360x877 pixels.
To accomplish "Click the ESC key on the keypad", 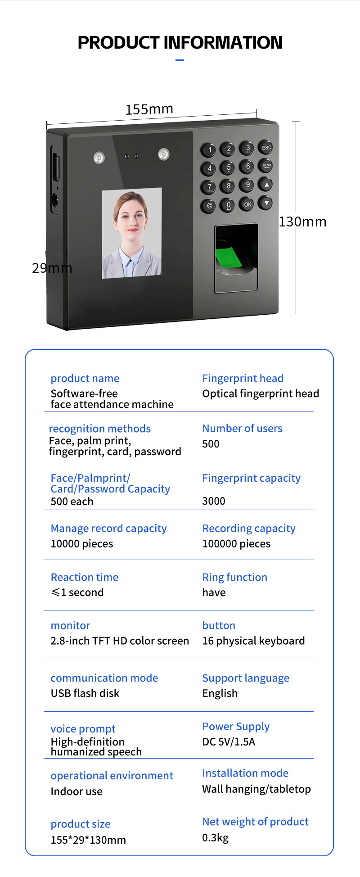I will (x=266, y=148).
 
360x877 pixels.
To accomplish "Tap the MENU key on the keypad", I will (x=266, y=166).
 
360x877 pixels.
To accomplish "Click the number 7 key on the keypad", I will (x=209, y=187).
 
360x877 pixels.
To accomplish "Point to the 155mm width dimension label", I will (x=149, y=109).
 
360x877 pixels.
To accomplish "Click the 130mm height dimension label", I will (x=302, y=222).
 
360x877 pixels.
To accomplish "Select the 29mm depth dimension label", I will (x=52, y=268).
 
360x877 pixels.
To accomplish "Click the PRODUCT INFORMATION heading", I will (x=180, y=42).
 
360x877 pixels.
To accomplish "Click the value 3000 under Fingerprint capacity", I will (x=214, y=501).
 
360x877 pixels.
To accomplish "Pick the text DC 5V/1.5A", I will (x=229, y=741).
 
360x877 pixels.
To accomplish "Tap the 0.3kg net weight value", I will (x=215, y=837).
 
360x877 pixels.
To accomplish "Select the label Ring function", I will (x=234, y=577).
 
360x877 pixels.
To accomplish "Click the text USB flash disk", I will (x=85, y=693).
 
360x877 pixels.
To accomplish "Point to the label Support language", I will (x=246, y=678).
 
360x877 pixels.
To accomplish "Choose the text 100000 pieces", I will (x=236, y=544).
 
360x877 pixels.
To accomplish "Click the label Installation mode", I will (x=245, y=773).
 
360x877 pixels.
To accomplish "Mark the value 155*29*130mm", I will (x=88, y=840).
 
